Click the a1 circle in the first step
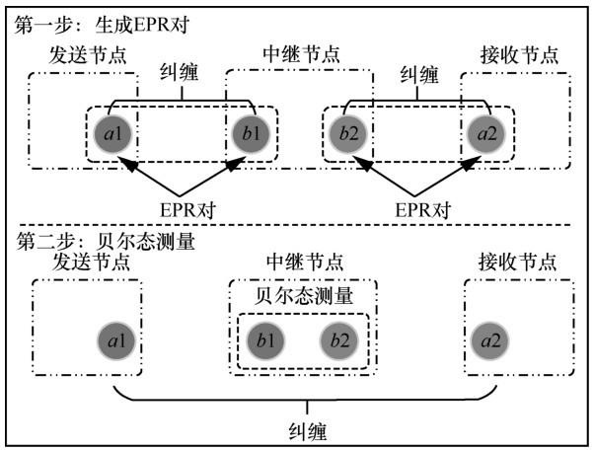coord(112,134)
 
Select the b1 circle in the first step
coord(251,134)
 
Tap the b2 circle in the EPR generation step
coord(348,134)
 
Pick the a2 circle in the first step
coord(486,134)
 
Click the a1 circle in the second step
coord(116,340)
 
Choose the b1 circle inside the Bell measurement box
coord(265,340)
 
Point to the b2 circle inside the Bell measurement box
coord(339,340)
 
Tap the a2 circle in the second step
coord(489,340)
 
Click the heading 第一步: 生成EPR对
coord(102,26)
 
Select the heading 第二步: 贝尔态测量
coord(106,241)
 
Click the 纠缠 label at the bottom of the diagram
coord(307,431)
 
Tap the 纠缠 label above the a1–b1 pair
coord(180,72)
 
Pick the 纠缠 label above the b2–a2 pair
coord(419,75)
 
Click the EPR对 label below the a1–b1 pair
coord(187,209)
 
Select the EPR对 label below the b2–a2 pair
coord(422,209)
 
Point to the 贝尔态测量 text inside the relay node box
coord(304,296)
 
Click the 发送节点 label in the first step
coord(88,55)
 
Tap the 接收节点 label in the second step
coord(517,262)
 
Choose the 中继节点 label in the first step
coord(302,54)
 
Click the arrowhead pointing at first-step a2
coord(467,164)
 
